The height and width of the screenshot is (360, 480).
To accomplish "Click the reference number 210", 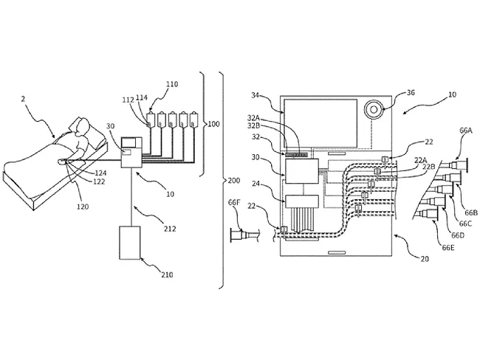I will tap(166, 275).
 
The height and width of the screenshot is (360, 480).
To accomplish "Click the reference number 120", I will tap(82, 207).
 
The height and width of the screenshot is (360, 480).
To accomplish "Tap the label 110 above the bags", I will tap(173, 84).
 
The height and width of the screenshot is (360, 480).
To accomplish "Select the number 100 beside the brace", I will tap(213, 124).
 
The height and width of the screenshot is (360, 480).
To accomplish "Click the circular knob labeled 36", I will tap(374, 108).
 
